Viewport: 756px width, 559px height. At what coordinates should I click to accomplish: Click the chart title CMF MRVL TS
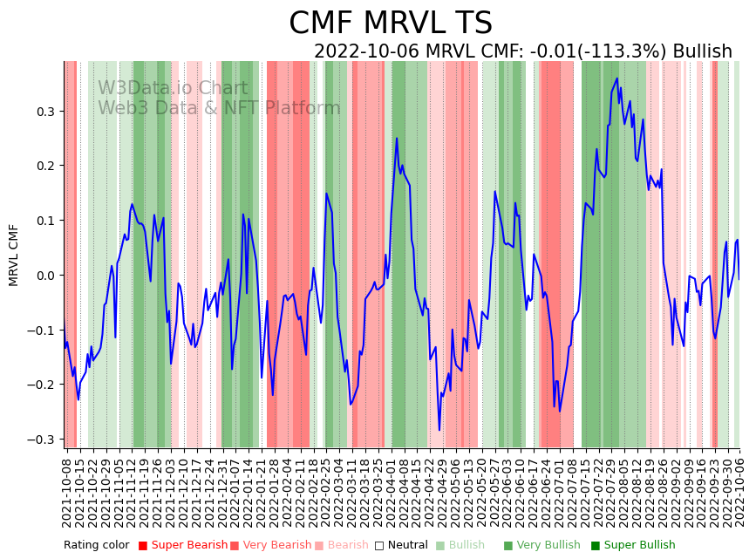point(391,24)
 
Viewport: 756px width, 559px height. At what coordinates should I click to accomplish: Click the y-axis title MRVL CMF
point(14,255)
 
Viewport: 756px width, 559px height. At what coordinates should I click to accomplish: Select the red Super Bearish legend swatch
point(143,546)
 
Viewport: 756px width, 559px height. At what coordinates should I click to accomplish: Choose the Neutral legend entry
point(402,546)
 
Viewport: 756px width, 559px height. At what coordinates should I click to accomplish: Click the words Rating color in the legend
point(96,546)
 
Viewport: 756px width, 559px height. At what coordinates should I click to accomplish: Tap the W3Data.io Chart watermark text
point(173,88)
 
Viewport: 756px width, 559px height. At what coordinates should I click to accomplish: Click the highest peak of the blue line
point(616,78)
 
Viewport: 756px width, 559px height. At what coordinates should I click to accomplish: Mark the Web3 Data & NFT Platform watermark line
point(219,108)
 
